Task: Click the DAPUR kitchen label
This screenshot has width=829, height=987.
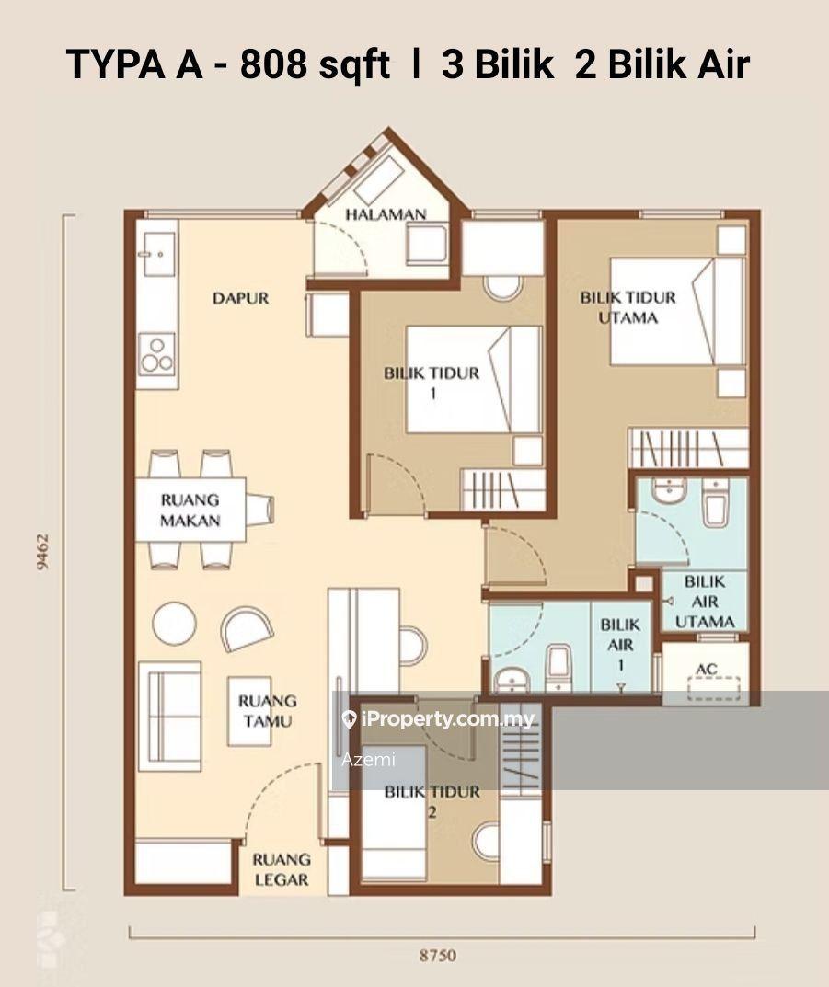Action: coord(240,298)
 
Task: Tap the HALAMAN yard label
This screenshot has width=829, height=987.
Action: coord(386,214)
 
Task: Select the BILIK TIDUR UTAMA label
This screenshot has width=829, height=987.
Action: coord(628,307)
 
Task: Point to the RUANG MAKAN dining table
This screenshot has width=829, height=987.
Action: coord(190,510)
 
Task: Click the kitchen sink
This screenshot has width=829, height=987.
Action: coord(158,254)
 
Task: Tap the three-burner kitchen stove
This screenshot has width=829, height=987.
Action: coord(156,354)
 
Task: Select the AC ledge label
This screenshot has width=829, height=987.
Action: coord(707,669)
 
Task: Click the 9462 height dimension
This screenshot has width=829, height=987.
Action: coord(43,552)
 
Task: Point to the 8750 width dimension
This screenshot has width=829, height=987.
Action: coord(437,956)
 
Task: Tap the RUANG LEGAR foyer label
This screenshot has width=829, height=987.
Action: coord(282,869)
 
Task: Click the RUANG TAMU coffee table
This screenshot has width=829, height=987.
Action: coord(249,711)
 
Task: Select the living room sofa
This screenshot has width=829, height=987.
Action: coord(169,717)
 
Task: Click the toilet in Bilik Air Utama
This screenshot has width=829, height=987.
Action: coord(716,503)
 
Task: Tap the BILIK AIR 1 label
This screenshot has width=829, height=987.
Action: coord(620,645)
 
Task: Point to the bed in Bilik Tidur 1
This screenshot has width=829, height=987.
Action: coord(473,379)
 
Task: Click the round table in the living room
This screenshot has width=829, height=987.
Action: coord(175,623)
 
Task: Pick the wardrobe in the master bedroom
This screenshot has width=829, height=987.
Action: coord(688,448)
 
